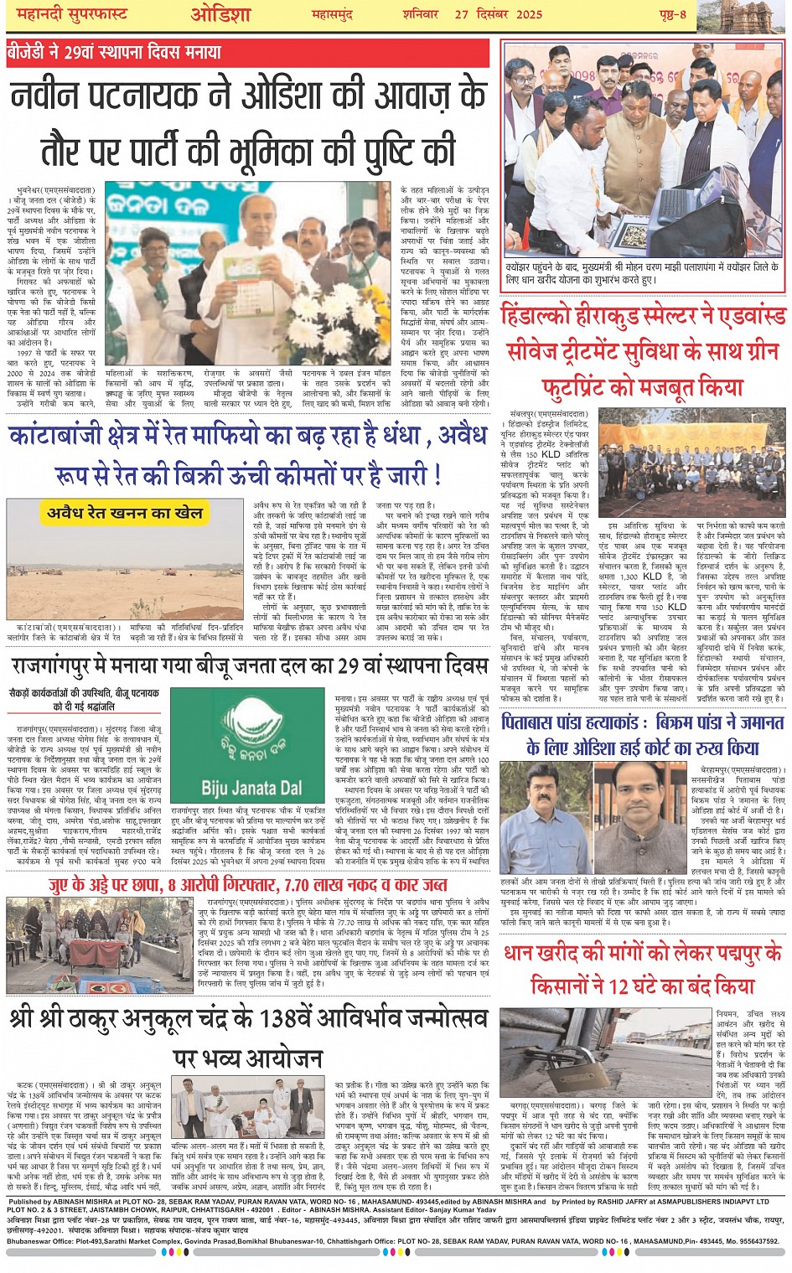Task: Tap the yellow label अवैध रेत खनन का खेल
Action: coord(125,512)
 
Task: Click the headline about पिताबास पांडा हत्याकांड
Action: coord(643,734)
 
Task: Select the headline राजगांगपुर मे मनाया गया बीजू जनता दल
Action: coord(249,667)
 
